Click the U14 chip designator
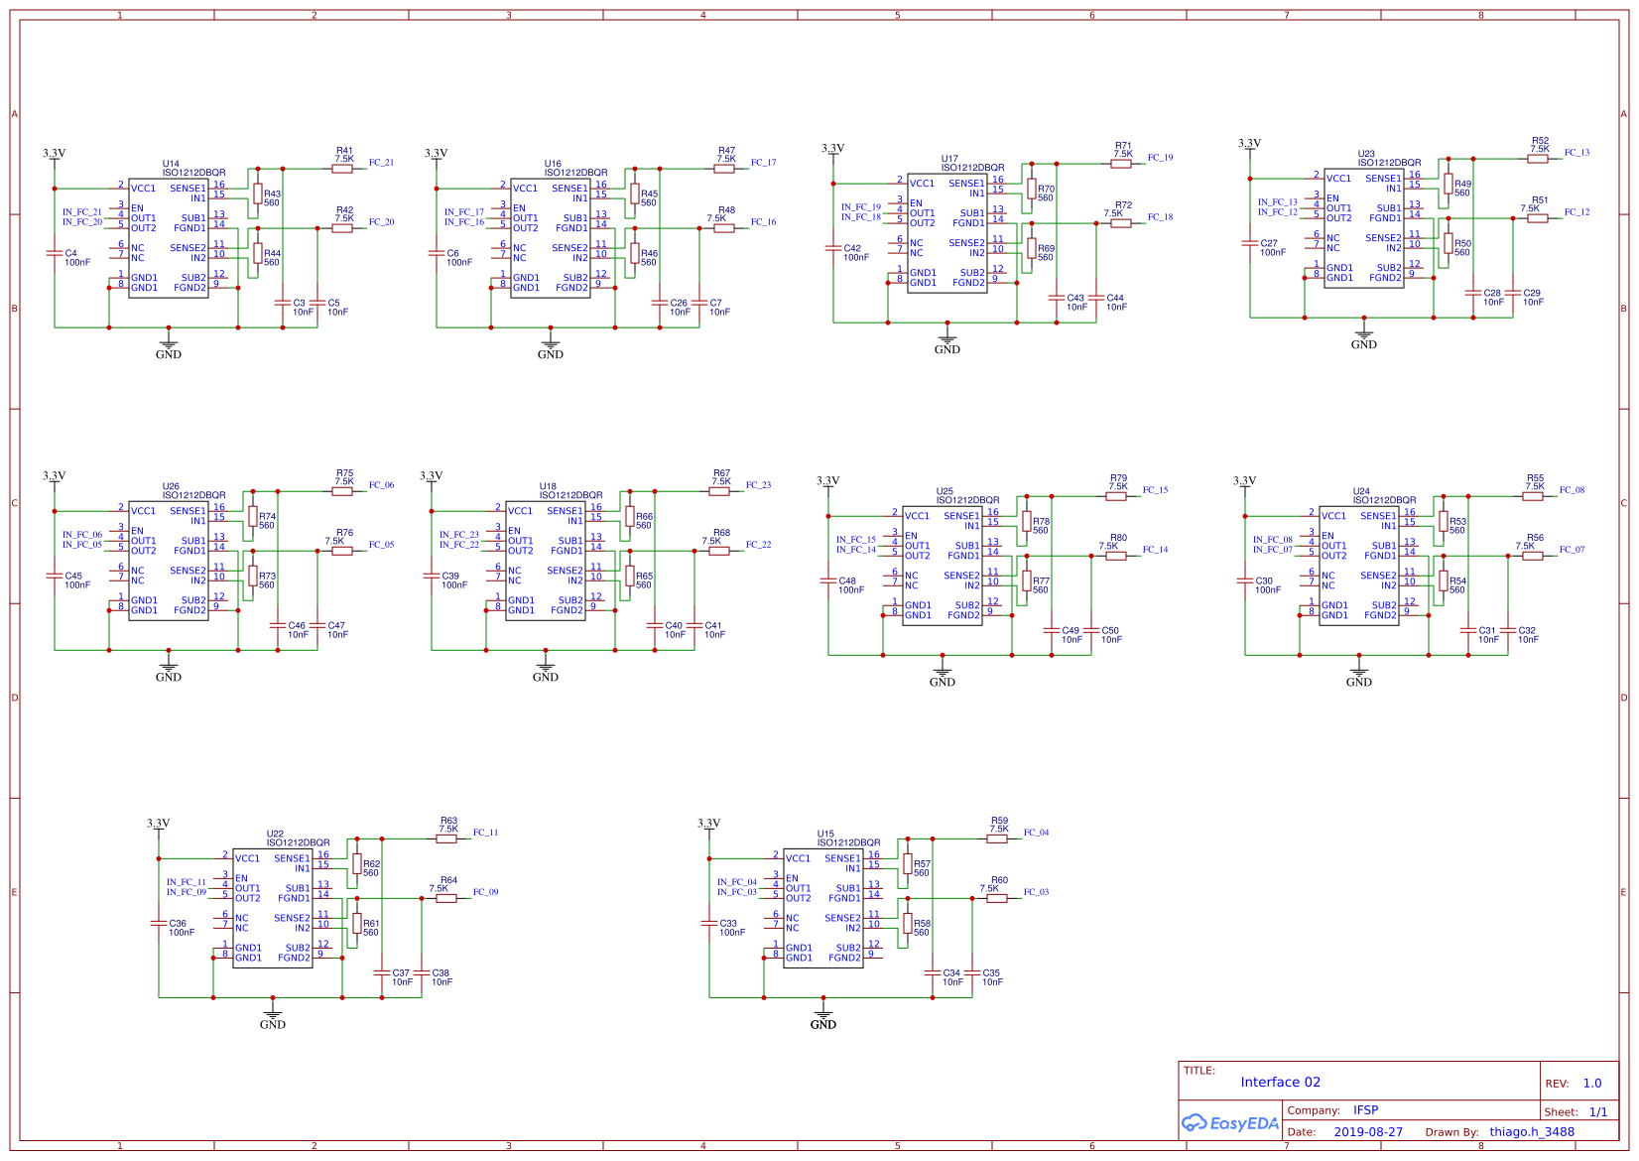(x=171, y=164)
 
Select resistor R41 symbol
(x=342, y=169)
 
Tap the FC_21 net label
(x=381, y=163)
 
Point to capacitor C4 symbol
(x=55, y=253)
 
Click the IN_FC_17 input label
(x=464, y=212)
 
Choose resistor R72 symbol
(x=1121, y=223)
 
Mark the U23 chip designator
(x=1366, y=154)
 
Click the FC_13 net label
(x=1576, y=153)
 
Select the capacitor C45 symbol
(x=55, y=576)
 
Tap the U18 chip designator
(x=548, y=486)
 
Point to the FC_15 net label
(x=1155, y=490)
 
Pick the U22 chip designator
(x=275, y=834)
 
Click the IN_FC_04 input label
(x=737, y=882)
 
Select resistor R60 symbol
(x=997, y=898)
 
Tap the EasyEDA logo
(x=1230, y=1123)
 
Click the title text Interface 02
(x=1280, y=1083)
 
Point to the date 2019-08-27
(x=1368, y=1132)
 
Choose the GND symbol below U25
(x=943, y=675)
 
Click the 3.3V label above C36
(x=159, y=824)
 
